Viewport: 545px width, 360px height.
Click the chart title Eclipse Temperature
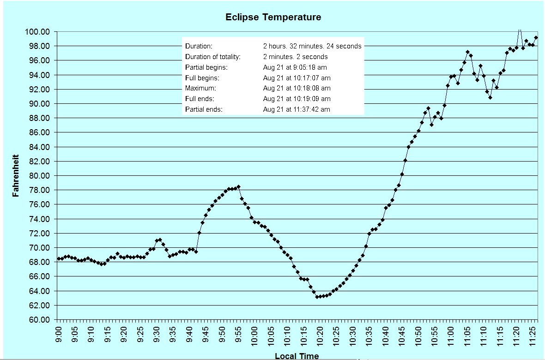click(x=273, y=18)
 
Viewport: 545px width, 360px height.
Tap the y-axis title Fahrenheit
click(x=16, y=176)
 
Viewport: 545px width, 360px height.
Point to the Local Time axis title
click(x=297, y=356)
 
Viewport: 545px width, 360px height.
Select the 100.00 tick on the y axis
click(x=39, y=32)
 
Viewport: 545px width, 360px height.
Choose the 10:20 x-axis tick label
click(x=320, y=333)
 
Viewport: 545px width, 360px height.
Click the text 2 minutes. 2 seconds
click(x=295, y=57)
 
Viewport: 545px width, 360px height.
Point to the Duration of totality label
click(x=213, y=57)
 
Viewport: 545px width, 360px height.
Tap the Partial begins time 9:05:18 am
click(x=297, y=67)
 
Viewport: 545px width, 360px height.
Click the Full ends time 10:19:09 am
click(x=297, y=99)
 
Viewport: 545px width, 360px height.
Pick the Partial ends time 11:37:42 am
click(x=297, y=109)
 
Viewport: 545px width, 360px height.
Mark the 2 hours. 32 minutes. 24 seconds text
click(x=312, y=46)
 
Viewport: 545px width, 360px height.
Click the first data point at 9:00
click(x=58, y=259)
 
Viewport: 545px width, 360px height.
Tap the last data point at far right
click(x=536, y=38)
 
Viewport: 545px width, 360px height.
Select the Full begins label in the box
click(x=202, y=78)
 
